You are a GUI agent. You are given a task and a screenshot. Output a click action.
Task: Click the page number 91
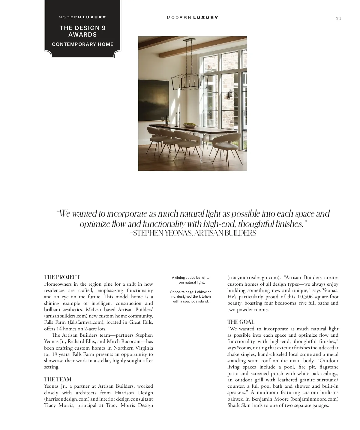[x=338, y=18]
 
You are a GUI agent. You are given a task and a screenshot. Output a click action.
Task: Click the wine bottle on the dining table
[x=167, y=120]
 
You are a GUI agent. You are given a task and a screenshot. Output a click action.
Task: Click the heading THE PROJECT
[x=62, y=277]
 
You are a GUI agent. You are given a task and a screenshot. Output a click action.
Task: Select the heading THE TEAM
[x=58, y=380]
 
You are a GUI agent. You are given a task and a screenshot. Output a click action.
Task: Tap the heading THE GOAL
[x=241, y=322]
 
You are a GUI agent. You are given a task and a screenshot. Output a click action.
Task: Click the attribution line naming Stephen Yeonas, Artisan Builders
[x=193, y=233]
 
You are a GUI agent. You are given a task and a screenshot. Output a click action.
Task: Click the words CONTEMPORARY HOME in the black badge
[x=82, y=44]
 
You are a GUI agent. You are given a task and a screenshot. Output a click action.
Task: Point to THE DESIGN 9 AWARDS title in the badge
[x=82, y=31]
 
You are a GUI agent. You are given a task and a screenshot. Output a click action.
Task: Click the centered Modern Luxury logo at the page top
[x=192, y=18]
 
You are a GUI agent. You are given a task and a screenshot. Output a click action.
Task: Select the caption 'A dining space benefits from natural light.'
[x=190, y=280]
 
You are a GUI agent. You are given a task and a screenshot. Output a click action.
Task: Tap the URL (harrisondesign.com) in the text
[x=67, y=399]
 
